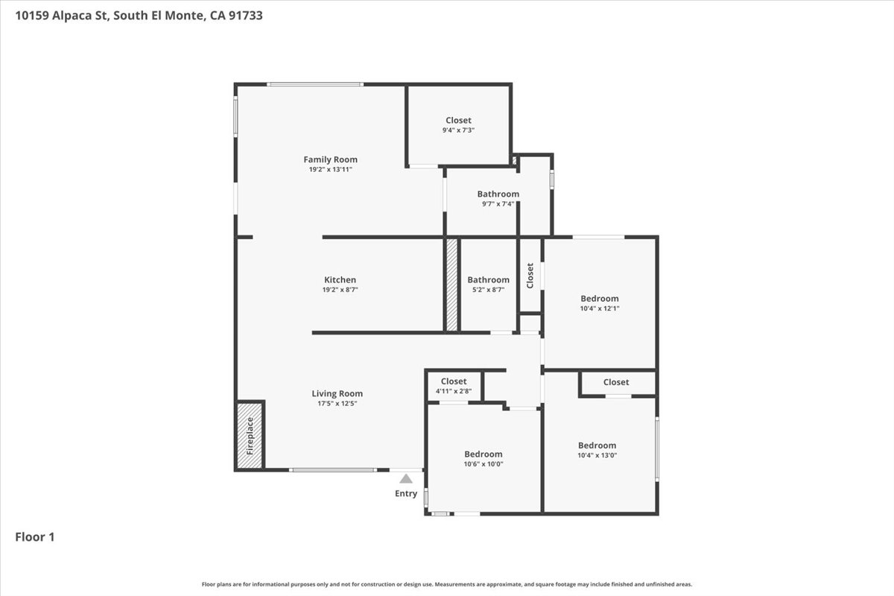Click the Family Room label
point(330,159)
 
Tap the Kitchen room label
point(340,280)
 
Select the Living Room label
point(337,394)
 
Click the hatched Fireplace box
point(250,436)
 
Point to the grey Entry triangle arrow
point(406,479)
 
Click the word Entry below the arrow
point(406,494)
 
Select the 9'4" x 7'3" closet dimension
point(458,130)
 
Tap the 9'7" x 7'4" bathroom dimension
point(498,204)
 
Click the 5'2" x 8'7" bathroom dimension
point(488,290)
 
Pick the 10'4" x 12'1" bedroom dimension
point(600,308)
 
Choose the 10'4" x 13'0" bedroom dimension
point(597,455)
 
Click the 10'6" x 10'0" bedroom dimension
point(483,464)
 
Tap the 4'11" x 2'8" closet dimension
point(453,391)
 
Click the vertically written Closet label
point(530,276)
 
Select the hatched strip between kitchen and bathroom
point(451,285)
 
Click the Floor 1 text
point(35,536)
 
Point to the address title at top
point(138,15)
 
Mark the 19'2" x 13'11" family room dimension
point(330,170)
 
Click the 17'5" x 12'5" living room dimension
point(337,404)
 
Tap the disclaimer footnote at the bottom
point(447,584)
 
